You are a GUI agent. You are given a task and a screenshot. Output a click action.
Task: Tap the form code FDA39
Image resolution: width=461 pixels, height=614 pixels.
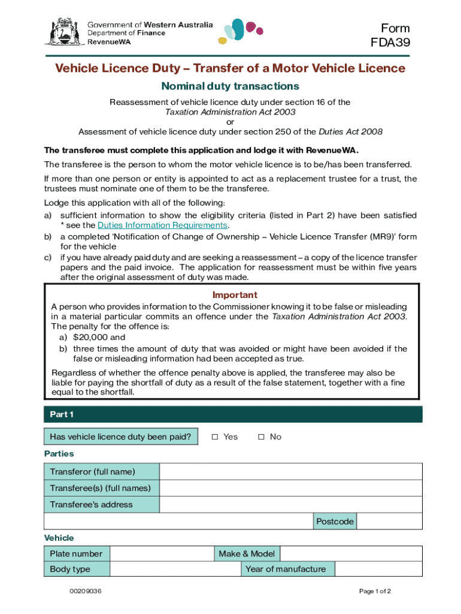point(390,43)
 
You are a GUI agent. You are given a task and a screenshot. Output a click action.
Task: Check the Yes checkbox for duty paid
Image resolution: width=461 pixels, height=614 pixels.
point(214,437)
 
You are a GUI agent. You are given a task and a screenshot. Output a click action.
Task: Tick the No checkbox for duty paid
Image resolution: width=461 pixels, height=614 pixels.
point(261,437)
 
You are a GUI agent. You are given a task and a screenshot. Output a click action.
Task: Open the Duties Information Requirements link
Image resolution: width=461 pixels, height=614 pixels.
point(162,225)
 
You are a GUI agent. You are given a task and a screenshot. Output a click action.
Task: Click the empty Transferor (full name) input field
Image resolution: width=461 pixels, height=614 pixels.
point(290,472)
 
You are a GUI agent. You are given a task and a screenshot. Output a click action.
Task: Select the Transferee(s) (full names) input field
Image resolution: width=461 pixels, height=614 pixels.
point(290,488)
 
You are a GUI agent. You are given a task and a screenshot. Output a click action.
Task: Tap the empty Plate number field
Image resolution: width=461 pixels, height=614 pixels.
point(162,553)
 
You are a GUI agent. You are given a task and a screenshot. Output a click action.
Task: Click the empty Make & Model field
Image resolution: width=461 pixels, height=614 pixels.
point(351,553)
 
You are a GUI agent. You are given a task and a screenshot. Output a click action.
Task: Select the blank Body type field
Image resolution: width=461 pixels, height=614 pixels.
point(175,569)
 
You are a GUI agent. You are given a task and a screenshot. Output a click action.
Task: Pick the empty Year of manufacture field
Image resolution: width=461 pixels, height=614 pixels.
point(378,569)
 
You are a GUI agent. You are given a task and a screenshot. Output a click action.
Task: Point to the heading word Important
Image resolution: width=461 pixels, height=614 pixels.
point(235,295)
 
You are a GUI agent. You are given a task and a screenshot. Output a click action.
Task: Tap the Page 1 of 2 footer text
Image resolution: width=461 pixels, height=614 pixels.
point(375,591)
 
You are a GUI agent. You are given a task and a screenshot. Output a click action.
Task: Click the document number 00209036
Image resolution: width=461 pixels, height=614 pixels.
point(86,591)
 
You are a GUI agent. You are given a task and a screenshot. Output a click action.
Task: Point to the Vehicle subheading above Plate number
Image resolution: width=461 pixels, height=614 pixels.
point(59,538)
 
